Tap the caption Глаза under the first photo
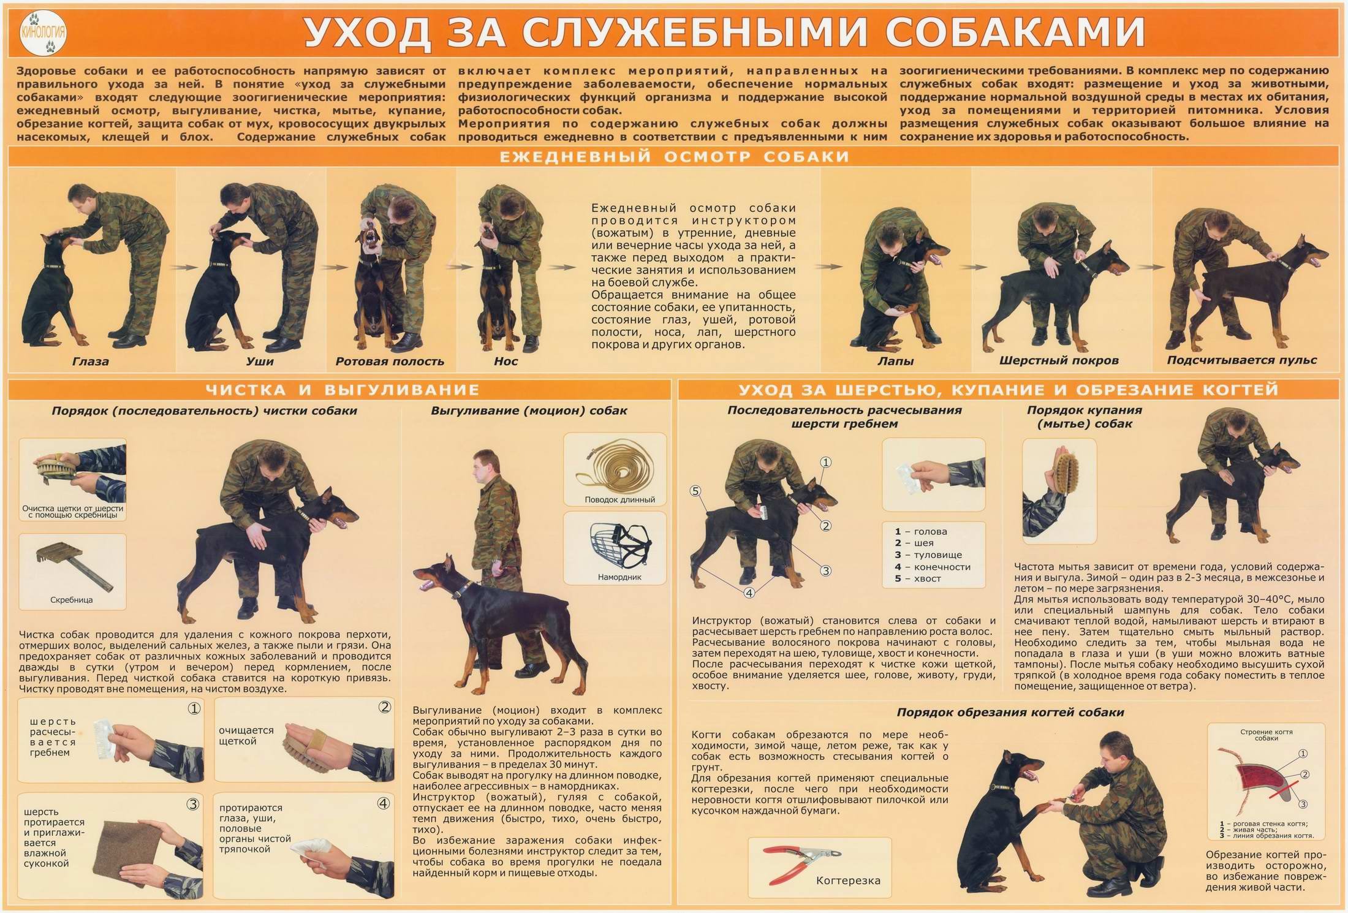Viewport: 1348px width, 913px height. (x=91, y=362)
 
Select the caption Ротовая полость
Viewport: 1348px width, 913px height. (x=390, y=362)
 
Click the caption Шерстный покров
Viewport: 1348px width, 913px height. (x=1059, y=361)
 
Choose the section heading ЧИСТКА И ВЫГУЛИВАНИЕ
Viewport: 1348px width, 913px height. (x=343, y=390)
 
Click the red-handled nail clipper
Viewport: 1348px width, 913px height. (x=802, y=857)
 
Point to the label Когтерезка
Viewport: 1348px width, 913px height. (x=848, y=881)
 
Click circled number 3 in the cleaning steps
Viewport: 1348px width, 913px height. (x=192, y=805)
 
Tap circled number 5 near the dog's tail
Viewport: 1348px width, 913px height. (x=695, y=490)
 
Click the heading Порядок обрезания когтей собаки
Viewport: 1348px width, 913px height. (x=1010, y=713)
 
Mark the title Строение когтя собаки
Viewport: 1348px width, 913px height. (x=1266, y=735)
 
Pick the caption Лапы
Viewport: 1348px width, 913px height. (x=895, y=362)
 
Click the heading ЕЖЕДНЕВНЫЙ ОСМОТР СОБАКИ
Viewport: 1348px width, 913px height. (x=674, y=157)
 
